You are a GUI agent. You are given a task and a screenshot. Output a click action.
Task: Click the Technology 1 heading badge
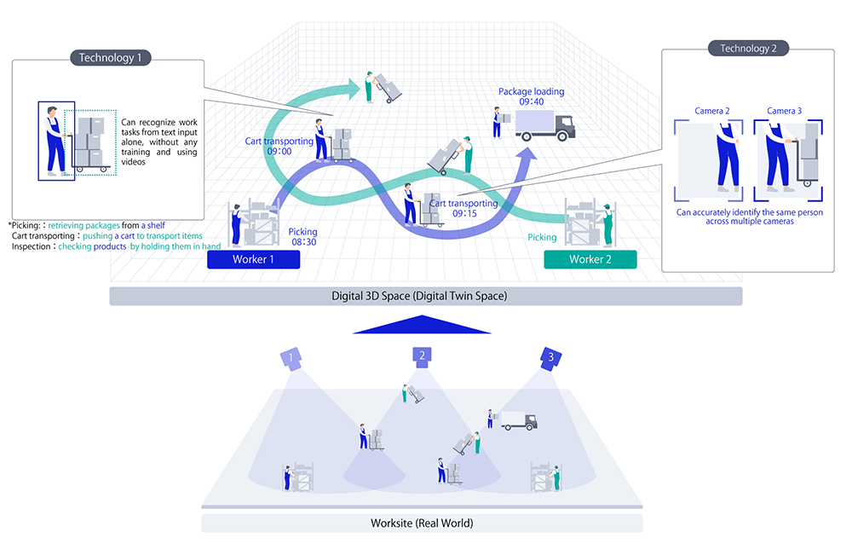[110, 58]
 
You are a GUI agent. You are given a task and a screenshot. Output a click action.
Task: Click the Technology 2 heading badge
[748, 49]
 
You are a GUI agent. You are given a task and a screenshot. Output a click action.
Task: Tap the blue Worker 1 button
[253, 259]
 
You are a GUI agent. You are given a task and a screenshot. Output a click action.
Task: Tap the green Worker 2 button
[590, 259]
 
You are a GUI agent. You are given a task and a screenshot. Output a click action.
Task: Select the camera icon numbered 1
[291, 359]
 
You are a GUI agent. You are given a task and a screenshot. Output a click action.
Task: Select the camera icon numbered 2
[422, 356]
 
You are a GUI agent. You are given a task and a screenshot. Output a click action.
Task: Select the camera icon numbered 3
[550, 359]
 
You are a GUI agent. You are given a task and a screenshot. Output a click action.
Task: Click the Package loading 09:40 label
[532, 96]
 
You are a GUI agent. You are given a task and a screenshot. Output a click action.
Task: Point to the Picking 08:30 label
[302, 237]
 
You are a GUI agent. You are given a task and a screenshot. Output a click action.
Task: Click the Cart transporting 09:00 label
[279, 147]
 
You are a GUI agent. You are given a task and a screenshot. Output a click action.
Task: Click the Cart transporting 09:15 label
[464, 208]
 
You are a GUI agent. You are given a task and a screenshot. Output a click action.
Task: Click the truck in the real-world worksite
[519, 421]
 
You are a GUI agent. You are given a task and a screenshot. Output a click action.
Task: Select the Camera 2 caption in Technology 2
[711, 111]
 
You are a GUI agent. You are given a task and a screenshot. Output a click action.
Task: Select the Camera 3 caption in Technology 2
[784, 111]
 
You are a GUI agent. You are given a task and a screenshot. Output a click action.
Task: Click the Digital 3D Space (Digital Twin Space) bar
[426, 296]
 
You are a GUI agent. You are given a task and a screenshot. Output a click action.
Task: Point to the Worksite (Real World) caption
[422, 523]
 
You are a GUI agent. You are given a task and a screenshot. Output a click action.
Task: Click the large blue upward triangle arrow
[422, 325]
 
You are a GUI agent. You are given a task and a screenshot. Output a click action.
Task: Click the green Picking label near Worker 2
[542, 237]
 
